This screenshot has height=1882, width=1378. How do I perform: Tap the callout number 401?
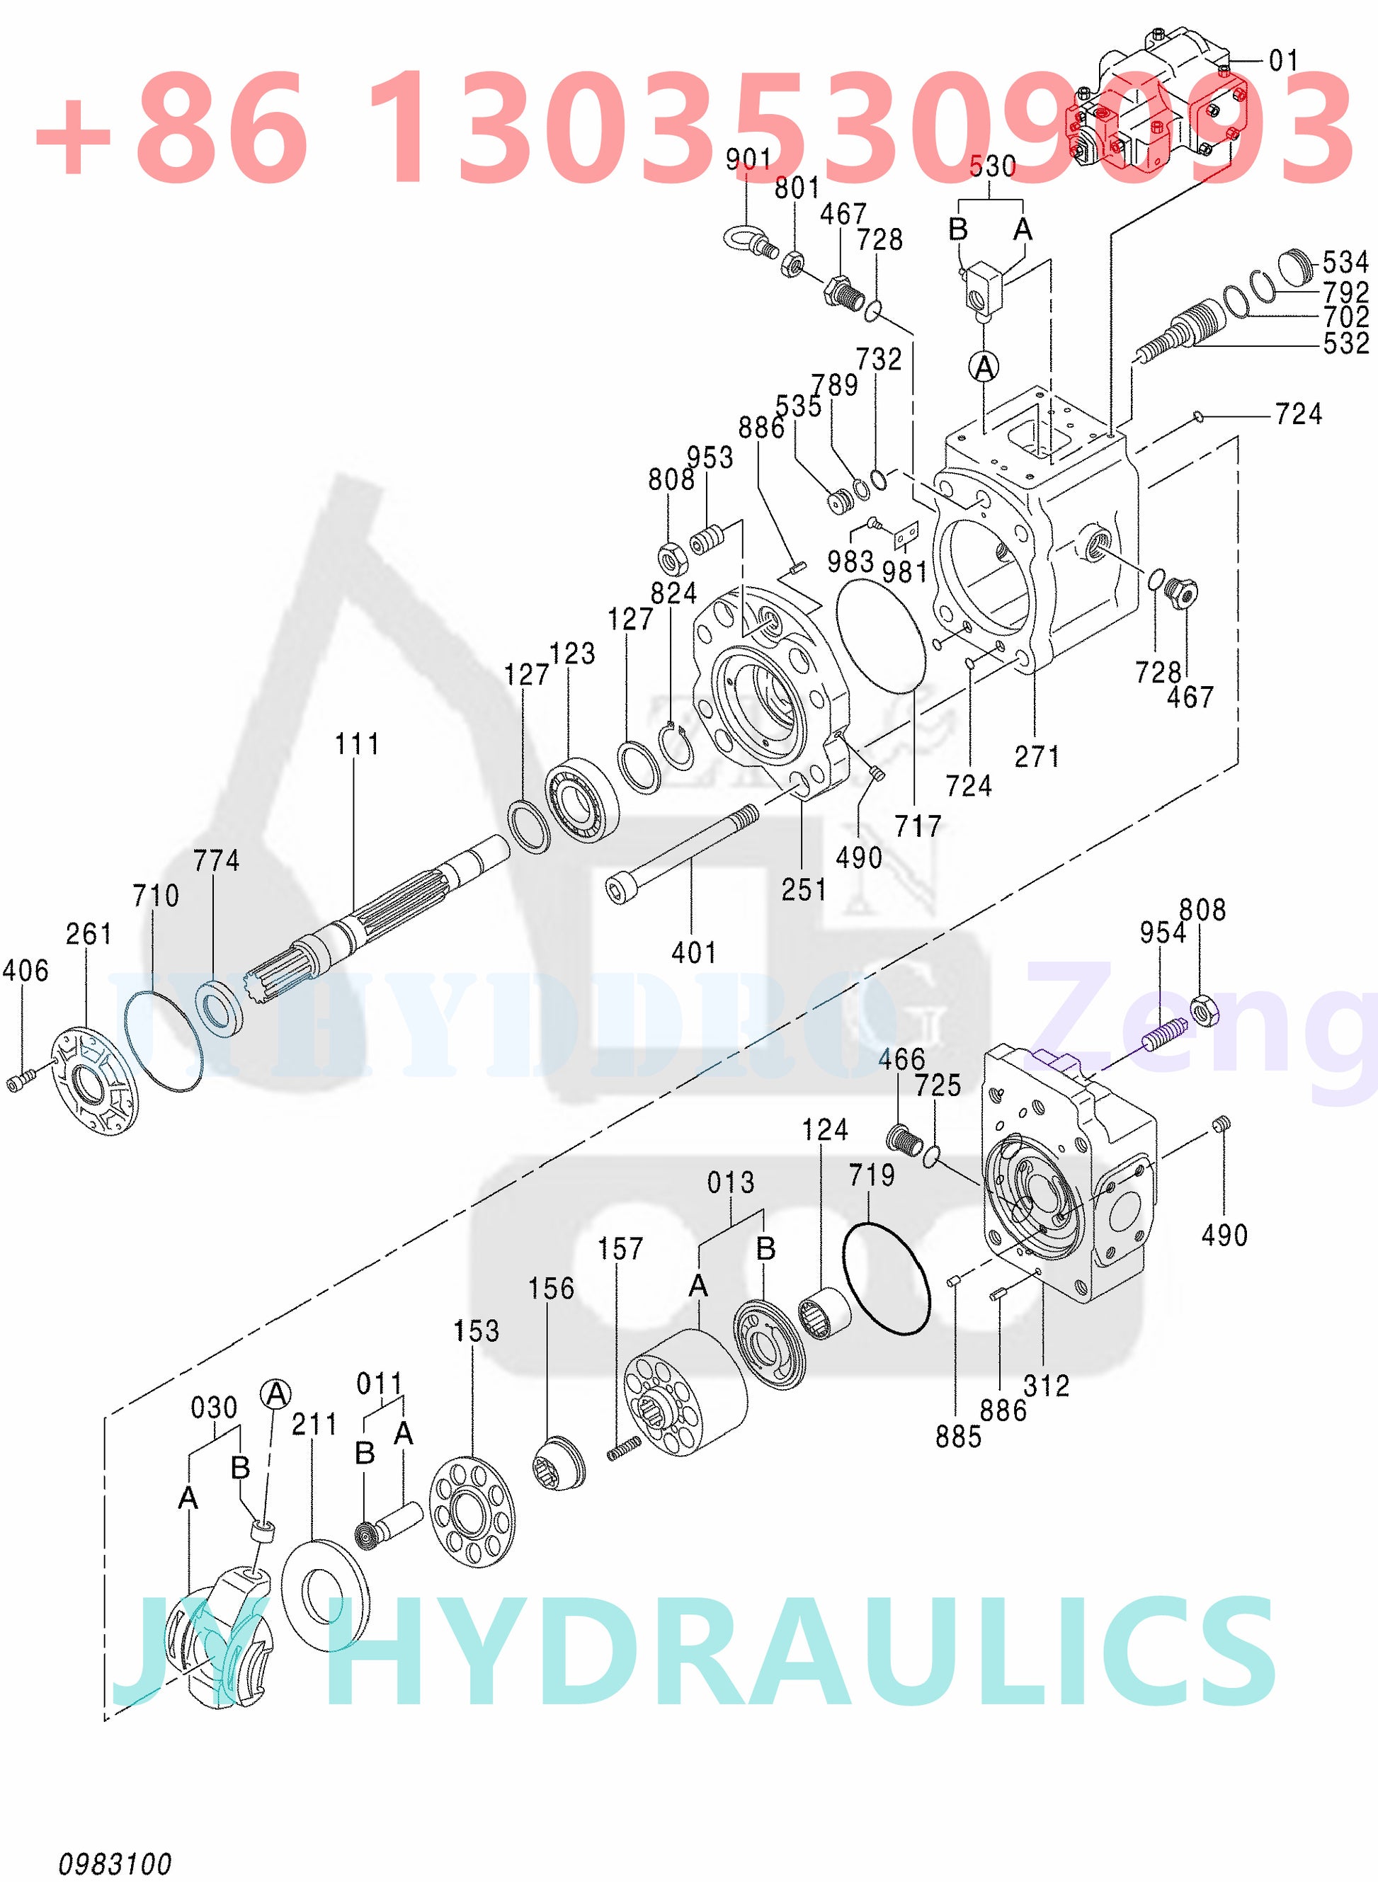(x=694, y=952)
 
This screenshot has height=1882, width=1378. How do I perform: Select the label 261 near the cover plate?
(x=89, y=934)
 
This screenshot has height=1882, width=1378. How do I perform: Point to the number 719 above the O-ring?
(x=872, y=1175)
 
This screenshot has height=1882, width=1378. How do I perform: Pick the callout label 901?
(x=748, y=159)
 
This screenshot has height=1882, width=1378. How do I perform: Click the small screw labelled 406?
(x=21, y=1081)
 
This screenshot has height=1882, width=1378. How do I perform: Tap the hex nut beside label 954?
(x=1204, y=1010)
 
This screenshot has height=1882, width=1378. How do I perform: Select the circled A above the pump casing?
(x=985, y=366)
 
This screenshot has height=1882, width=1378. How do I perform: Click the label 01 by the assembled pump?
(x=1284, y=60)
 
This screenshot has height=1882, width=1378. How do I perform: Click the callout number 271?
(x=1037, y=756)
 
